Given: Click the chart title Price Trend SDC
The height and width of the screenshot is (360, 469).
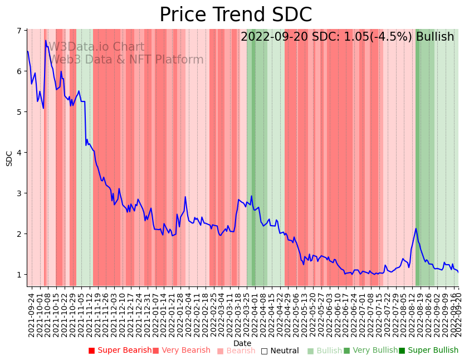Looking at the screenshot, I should coord(236,15).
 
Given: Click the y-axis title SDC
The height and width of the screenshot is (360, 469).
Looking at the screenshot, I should coord(9,158).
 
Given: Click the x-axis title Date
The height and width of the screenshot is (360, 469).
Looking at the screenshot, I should coord(242,343).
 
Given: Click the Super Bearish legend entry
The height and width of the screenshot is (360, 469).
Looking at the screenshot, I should coord(120,351).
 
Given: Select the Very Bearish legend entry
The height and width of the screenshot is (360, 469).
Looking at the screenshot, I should coord(181,351).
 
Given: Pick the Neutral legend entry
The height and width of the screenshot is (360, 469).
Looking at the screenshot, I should coord(280,351).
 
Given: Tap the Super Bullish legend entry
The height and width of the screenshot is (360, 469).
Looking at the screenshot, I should coord(428,351).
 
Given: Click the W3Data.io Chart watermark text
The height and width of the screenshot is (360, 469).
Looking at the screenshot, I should coord(96,47).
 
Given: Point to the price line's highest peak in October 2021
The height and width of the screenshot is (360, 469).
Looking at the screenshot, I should coord(46,40).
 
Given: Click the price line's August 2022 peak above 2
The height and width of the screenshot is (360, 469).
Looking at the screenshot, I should coord(416,228).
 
